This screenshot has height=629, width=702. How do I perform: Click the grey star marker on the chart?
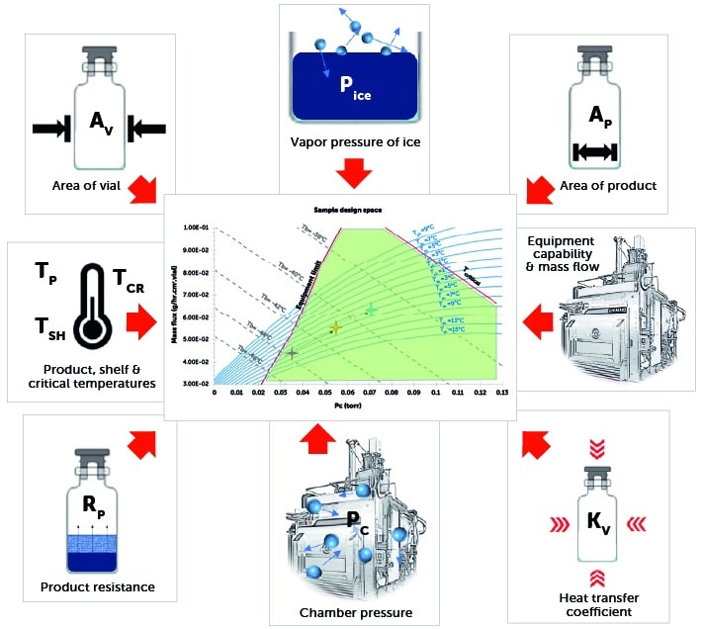click(x=292, y=353)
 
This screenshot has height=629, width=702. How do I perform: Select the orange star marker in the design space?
click(x=335, y=326)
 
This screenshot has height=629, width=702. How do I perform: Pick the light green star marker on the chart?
click(x=371, y=311)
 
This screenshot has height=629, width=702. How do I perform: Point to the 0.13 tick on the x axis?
click(x=502, y=392)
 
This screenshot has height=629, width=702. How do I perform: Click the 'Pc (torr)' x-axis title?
click(x=359, y=405)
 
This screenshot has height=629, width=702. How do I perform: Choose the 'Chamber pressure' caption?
click(x=355, y=613)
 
